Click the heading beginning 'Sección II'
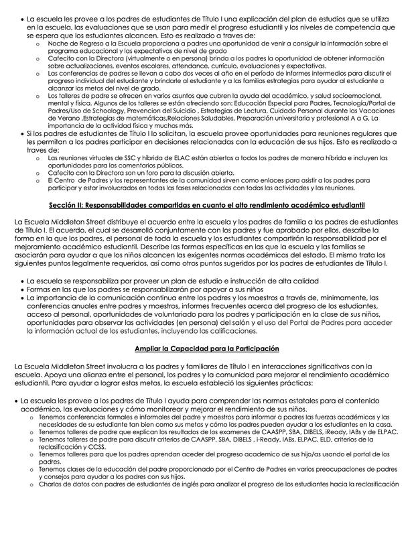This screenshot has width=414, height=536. pos(207,204)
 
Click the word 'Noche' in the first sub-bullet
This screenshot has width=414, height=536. pos(58,42)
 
